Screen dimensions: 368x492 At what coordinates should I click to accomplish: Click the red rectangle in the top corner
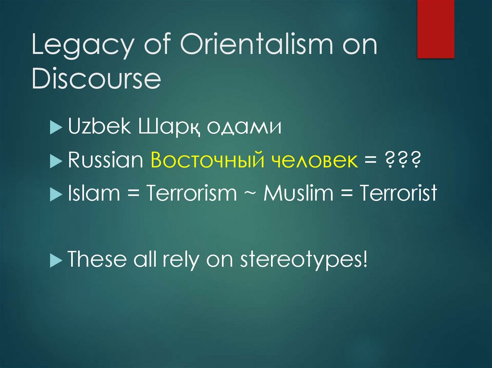[435, 29]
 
